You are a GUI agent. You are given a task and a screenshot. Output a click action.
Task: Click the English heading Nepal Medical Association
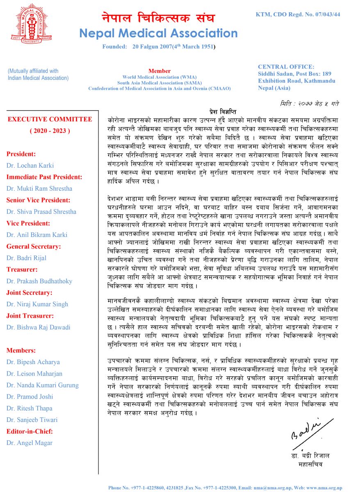point(158,33)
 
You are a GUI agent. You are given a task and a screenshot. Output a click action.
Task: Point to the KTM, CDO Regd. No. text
point(298,14)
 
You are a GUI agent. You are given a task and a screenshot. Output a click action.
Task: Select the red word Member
point(159,71)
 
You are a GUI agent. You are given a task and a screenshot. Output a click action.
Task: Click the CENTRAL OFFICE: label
point(286,66)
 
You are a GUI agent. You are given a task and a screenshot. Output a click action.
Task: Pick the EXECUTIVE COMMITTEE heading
point(50,119)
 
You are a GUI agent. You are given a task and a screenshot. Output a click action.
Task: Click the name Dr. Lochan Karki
point(30,166)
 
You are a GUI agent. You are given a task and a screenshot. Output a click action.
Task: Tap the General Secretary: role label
point(34,246)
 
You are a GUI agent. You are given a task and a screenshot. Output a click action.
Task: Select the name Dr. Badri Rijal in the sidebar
point(26,258)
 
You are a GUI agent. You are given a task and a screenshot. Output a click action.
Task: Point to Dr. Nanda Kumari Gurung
point(43,385)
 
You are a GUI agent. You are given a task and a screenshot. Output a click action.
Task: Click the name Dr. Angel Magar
point(30,443)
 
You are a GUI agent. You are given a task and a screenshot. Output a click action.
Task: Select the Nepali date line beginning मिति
point(310,103)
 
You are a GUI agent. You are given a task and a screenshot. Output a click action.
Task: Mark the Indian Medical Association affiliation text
point(38,74)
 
